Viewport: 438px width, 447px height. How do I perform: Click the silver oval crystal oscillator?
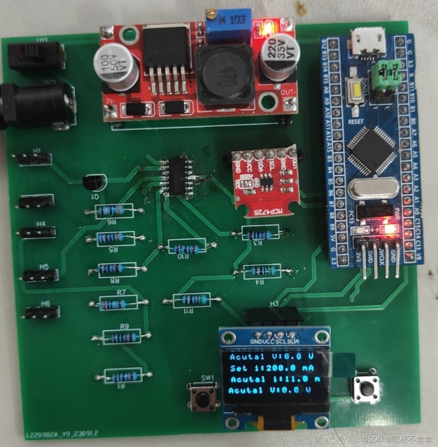[374, 189]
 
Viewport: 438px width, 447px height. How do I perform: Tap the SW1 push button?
[204, 397]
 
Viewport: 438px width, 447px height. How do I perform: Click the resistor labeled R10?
[187, 247]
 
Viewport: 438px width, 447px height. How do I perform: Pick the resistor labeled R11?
[192, 300]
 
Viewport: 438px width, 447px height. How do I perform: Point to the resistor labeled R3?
[260, 233]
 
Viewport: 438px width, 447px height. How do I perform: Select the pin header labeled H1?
[34, 159]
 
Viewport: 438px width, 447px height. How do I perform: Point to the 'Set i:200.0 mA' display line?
[272, 368]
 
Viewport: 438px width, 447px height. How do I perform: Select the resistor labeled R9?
[122, 337]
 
